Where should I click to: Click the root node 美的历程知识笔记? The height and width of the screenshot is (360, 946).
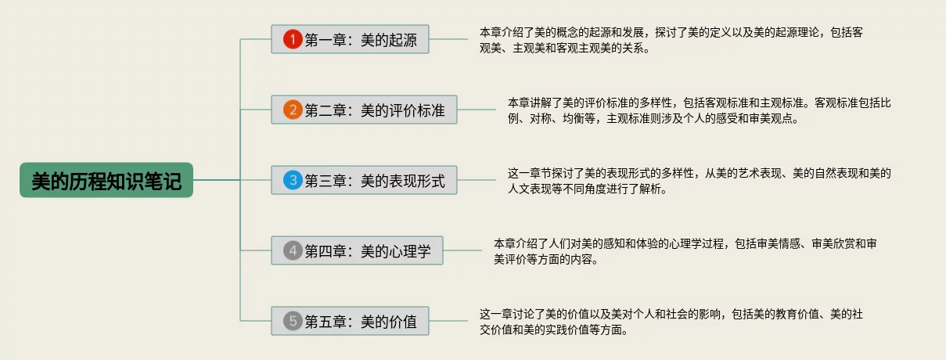(106, 180)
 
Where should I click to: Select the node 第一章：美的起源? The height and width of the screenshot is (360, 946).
(350, 39)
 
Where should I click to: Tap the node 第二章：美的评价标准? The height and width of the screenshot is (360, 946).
(364, 110)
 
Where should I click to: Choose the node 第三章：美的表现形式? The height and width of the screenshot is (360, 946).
(364, 181)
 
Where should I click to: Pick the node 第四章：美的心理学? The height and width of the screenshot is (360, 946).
(357, 251)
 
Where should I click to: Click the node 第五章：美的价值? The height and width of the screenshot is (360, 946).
(350, 321)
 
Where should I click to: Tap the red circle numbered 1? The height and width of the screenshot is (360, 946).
(293, 39)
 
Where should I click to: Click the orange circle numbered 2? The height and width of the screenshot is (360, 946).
(293, 110)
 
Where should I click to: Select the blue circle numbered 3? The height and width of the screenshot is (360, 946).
(293, 181)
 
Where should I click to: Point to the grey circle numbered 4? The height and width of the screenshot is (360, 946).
(293, 251)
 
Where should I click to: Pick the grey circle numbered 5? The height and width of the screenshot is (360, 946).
(293, 321)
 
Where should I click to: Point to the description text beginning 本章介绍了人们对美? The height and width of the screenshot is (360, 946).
(685, 251)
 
